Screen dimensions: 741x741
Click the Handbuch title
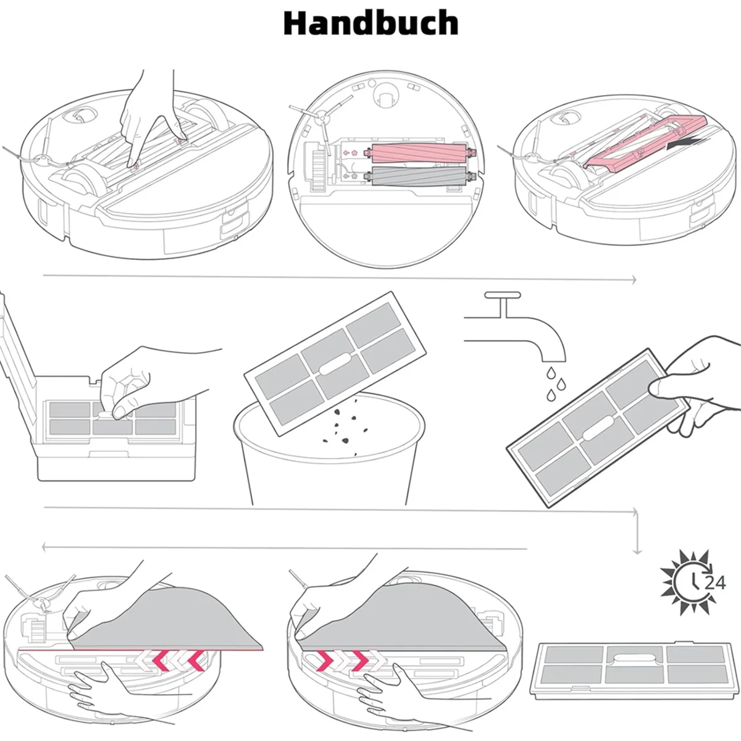[371, 23]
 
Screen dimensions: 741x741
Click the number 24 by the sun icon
[715, 582]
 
